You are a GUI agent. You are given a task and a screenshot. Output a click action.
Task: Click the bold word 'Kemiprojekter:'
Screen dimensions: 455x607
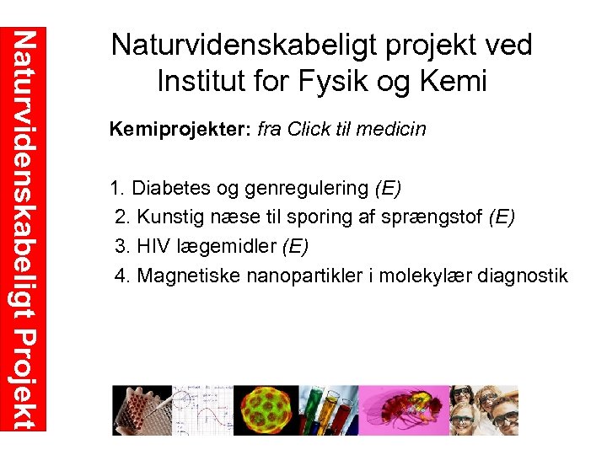click(180, 130)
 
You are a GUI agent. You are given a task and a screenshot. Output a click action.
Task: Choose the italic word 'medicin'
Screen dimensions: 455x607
click(394, 130)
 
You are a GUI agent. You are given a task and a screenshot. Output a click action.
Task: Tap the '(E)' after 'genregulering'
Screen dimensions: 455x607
click(388, 187)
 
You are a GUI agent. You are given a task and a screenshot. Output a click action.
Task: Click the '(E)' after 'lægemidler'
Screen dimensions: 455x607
click(295, 246)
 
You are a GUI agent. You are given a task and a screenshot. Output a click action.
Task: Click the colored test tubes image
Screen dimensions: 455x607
click(321, 410)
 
